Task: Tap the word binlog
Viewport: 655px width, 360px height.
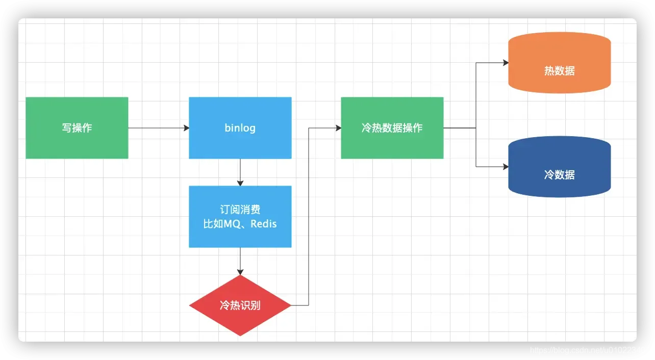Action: pyautogui.click(x=240, y=127)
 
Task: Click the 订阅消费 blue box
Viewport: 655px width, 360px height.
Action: pyautogui.click(x=240, y=237)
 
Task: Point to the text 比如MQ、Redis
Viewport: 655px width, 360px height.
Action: pyautogui.click(x=240, y=224)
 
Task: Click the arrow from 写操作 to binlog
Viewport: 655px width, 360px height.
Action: pyautogui.click(x=158, y=128)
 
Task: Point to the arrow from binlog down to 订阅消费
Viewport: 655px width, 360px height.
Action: pyautogui.click(x=240, y=172)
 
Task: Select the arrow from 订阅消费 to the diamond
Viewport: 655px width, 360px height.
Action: pyautogui.click(x=240, y=261)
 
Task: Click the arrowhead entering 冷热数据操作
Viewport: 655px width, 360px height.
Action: pyautogui.click(x=338, y=128)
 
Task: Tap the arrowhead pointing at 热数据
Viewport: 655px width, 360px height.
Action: pyautogui.click(x=506, y=63)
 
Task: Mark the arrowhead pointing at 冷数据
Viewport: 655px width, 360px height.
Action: pyautogui.click(x=506, y=167)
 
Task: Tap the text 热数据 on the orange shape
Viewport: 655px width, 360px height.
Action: pyautogui.click(x=559, y=71)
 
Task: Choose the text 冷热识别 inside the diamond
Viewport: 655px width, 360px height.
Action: pyautogui.click(x=240, y=305)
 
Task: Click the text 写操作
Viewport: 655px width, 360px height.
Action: pyautogui.click(x=77, y=128)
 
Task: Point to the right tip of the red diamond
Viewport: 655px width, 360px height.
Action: pyautogui.click(x=290, y=305)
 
